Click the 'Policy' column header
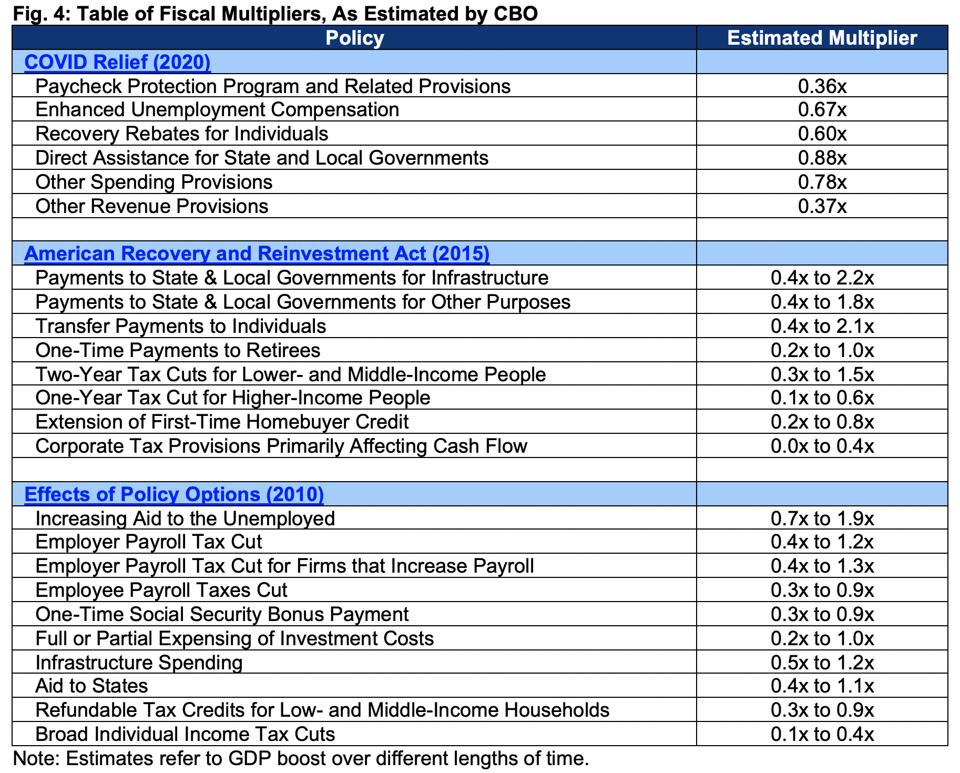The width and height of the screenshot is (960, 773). click(x=354, y=38)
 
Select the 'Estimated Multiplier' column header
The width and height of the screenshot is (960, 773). click(x=822, y=38)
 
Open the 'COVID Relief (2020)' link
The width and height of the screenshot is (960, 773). click(x=117, y=62)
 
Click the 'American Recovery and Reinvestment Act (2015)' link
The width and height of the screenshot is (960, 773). click(x=257, y=253)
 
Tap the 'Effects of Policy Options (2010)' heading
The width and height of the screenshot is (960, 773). click(x=174, y=494)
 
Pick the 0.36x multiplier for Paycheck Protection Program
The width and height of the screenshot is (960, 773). click(x=822, y=86)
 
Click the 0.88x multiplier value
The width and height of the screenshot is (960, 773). click(x=822, y=158)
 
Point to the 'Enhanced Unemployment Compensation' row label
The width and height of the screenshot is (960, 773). click(x=217, y=110)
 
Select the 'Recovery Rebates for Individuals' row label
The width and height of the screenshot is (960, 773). click(x=181, y=134)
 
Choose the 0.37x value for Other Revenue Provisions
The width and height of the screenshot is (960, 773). click(x=822, y=206)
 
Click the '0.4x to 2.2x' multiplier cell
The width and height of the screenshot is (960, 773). click(x=822, y=278)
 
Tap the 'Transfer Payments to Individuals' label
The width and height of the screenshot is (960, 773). click(x=180, y=326)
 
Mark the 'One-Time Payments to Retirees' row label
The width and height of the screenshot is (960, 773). click(x=178, y=350)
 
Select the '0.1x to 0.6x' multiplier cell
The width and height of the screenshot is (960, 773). click(x=822, y=398)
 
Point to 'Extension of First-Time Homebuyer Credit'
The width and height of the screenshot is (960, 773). click(x=222, y=422)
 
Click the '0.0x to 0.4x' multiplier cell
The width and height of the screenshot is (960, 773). click(x=822, y=446)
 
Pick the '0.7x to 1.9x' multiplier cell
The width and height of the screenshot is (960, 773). click(x=822, y=518)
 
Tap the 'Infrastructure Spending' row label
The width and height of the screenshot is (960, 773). click(x=139, y=663)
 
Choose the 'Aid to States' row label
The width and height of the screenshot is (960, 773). click(x=91, y=686)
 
